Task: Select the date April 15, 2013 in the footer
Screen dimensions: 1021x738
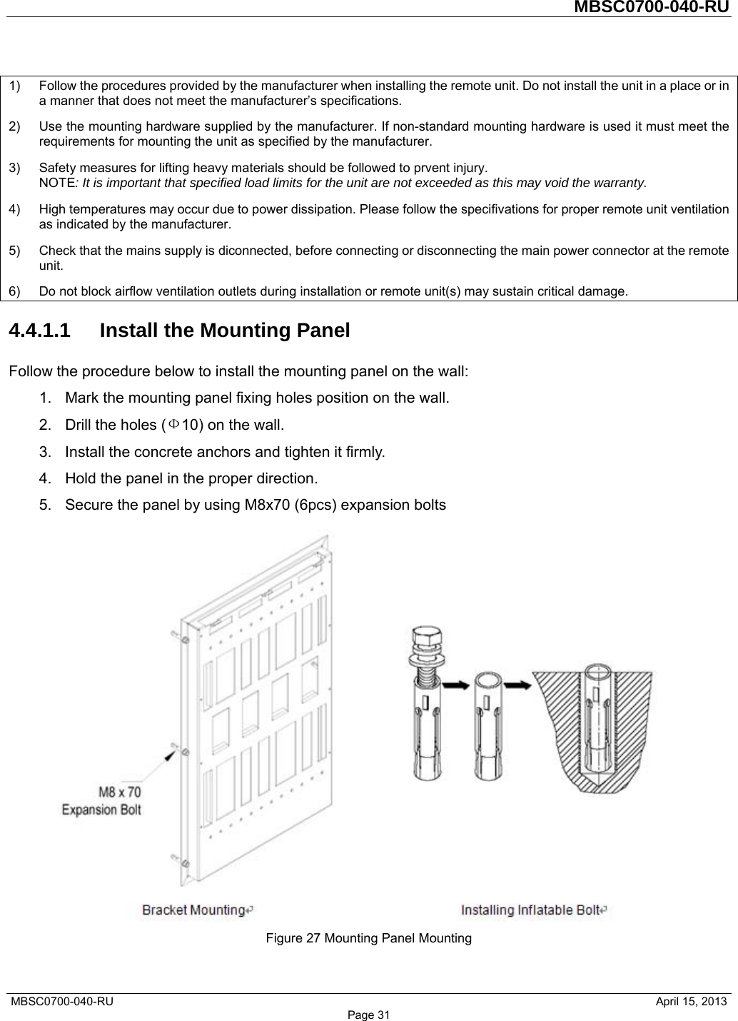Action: [x=692, y=1002]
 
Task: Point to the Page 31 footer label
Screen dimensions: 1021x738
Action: [x=369, y=1015]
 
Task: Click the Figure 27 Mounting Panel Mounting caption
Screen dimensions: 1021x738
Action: [x=368, y=937]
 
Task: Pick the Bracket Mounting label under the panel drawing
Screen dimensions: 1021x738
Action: [x=193, y=910]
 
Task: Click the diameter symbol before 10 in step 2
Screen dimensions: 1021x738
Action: [x=175, y=426]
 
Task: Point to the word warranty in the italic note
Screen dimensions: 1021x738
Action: [x=620, y=183]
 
